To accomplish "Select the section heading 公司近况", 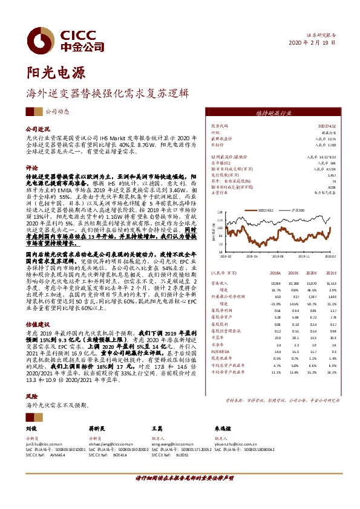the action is coord(36,130).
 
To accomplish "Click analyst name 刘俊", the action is coord(31,427).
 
